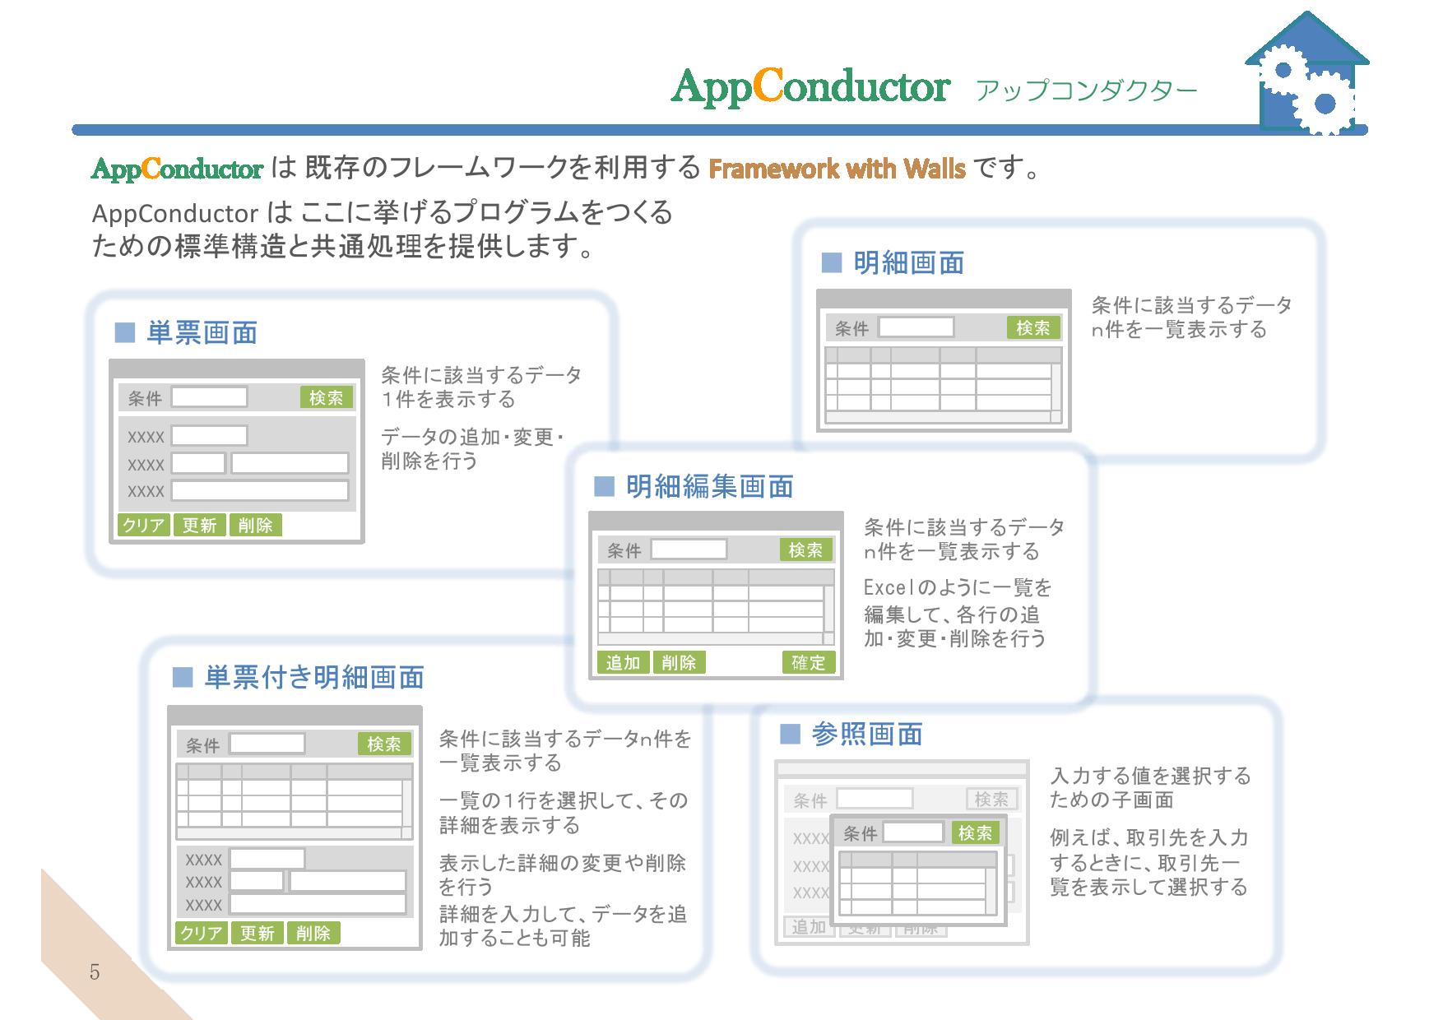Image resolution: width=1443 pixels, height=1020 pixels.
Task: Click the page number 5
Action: pyautogui.click(x=95, y=972)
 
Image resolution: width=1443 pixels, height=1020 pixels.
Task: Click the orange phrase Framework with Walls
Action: pyautogui.click(x=837, y=169)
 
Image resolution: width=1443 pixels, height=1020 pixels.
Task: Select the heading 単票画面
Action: pyautogui.click(x=202, y=332)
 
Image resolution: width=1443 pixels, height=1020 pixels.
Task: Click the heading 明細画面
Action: pyautogui.click(x=908, y=263)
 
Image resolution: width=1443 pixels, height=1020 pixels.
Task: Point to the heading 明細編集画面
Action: pyautogui.click(x=709, y=486)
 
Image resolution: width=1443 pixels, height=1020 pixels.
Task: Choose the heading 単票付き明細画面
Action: pyautogui.click(x=313, y=677)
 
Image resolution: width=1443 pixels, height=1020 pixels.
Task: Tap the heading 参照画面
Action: pyautogui.click(x=867, y=734)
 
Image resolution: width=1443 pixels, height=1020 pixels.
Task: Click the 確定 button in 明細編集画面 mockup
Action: pyautogui.click(x=808, y=662)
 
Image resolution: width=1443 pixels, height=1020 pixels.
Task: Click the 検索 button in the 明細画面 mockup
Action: pyautogui.click(x=1033, y=328)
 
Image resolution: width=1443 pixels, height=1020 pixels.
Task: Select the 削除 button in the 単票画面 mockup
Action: pyautogui.click(x=255, y=525)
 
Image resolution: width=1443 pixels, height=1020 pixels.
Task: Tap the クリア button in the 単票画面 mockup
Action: pyautogui.click(x=144, y=525)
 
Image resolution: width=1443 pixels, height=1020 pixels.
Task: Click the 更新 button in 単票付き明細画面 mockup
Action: pyautogui.click(x=258, y=933)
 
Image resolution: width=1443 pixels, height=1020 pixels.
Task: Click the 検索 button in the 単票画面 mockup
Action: pyautogui.click(x=327, y=397)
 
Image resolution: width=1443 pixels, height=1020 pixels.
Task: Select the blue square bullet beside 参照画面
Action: pyautogui.click(x=790, y=734)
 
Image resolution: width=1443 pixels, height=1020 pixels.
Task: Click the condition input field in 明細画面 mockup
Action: pyautogui.click(x=916, y=327)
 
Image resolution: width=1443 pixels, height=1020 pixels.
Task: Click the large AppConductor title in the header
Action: pyautogui.click(x=810, y=86)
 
